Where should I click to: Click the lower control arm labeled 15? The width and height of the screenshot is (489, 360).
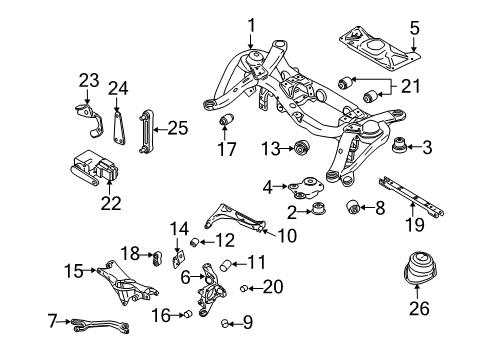coord(123,281)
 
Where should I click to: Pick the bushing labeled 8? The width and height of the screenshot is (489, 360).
coord(351,207)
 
